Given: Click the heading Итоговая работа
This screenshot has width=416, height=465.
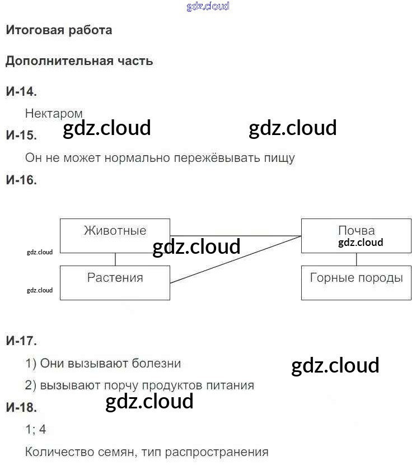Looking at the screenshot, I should pos(59,30).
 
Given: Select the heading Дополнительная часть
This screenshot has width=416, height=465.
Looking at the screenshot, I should pos(79,61).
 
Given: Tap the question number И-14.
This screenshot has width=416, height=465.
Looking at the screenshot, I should pos(21,91).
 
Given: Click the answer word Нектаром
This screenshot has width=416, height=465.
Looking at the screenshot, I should pos(54,114).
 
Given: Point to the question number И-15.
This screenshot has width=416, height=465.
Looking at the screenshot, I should pos(21,135).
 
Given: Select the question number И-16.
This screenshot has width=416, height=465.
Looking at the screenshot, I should pos(21,180).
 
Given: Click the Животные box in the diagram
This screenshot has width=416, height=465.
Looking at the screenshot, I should pos(115,235).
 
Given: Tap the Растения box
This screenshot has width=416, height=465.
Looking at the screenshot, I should pos(115,282).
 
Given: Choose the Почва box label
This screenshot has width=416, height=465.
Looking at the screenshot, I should pos(357,230).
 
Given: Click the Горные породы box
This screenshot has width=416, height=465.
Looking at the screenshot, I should pos(357,282).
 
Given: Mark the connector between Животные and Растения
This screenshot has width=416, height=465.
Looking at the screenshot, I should pos(115,259).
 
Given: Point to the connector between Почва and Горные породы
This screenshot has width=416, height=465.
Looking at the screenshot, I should pos(357,259).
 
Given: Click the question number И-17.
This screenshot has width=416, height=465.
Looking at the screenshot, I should pos(21,340).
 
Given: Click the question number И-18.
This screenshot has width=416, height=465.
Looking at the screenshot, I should pos(21,407).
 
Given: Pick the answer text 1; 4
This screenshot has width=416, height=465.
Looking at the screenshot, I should pos(36,430).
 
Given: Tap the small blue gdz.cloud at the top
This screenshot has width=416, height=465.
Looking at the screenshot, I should pos(207,7).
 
